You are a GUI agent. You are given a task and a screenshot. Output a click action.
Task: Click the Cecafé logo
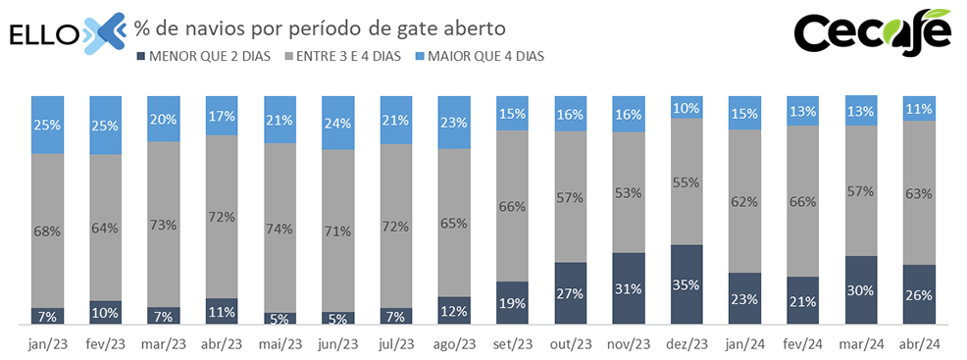click(872, 33)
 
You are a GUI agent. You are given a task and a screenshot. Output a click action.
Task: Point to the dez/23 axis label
click(687, 344)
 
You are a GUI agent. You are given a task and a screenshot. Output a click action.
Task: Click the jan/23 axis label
click(47, 344)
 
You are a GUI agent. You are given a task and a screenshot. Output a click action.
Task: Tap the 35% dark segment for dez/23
click(687, 284)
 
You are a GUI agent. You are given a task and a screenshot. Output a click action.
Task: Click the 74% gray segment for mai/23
click(280, 228)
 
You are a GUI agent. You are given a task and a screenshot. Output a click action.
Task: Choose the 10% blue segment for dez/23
click(687, 107)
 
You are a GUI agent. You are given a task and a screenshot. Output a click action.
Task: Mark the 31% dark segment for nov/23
click(629, 289)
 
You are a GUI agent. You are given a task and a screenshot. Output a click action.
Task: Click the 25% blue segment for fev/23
click(105, 125)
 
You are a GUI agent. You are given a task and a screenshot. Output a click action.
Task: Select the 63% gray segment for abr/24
click(919, 192)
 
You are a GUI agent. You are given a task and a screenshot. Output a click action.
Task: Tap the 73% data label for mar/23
click(163, 225)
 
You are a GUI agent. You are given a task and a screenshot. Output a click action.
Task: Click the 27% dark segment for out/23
click(571, 293)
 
